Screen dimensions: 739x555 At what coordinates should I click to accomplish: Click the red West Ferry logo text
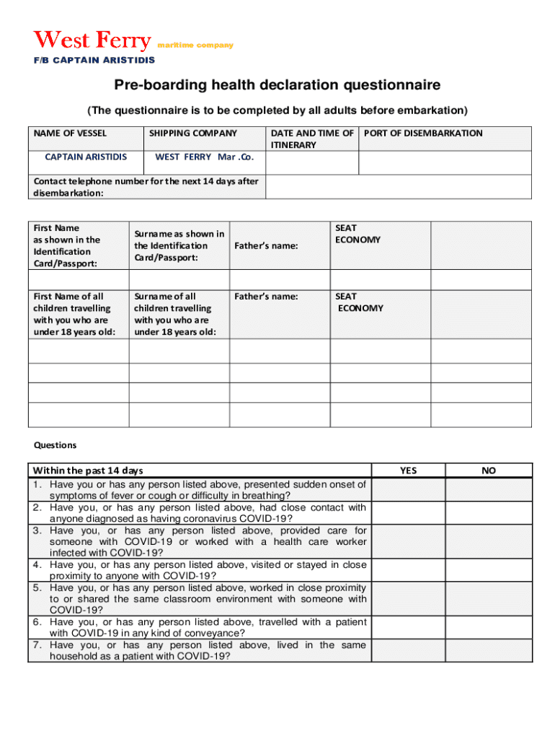click(x=93, y=40)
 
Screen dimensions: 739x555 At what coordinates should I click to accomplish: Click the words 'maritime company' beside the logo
click(x=195, y=45)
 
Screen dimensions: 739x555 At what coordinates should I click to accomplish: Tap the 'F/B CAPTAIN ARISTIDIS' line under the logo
click(x=94, y=60)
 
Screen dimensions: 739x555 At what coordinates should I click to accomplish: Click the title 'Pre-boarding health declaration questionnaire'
click(x=277, y=86)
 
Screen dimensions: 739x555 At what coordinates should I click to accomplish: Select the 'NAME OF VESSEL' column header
click(x=70, y=133)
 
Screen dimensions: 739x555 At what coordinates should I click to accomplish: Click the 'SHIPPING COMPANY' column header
click(x=192, y=133)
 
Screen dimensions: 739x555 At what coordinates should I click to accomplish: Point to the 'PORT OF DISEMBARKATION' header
click(x=424, y=133)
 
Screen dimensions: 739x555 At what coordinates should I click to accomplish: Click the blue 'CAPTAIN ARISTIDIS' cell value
click(x=86, y=157)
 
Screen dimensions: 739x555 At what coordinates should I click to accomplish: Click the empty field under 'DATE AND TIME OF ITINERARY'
click(x=312, y=163)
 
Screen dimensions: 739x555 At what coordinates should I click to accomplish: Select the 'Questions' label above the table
click(x=55, y=445)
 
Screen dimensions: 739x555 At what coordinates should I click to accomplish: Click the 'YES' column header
click(x=409, y=471)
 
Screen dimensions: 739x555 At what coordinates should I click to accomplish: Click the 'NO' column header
click(x=489, y=471)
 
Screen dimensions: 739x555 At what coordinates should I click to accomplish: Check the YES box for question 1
click(x=409, y=490)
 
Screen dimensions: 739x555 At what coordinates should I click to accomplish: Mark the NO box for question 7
click(x=489, y=651)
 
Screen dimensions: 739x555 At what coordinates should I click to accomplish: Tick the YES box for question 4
click(x=409, y=570)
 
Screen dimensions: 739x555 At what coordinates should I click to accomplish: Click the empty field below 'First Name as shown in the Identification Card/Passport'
click(x=79, y=279)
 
